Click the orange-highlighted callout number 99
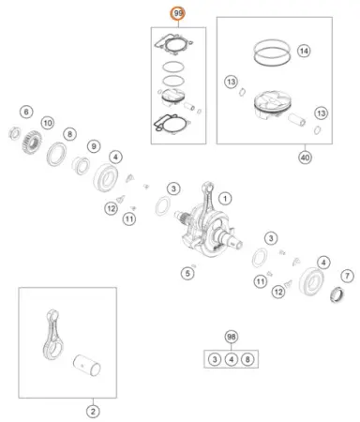178,13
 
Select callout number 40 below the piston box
305,158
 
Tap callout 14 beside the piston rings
304,51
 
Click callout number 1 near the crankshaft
225,199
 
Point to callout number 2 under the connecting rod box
93,412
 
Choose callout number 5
187,274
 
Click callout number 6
26,112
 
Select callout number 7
347,276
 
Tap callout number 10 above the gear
48,123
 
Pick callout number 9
94,146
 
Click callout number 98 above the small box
231,337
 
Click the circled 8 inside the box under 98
247,359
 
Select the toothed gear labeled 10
32,143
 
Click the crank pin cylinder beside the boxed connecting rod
87,365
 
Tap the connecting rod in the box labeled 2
52,335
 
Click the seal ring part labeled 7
337,294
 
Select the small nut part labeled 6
14,133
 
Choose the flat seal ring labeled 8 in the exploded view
56,154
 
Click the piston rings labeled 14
272,53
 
